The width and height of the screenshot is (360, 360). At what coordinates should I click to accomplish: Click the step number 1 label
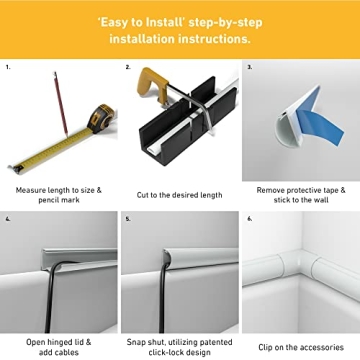(x=7, y=68)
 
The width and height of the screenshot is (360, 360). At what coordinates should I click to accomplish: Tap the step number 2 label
(x=128, y=68)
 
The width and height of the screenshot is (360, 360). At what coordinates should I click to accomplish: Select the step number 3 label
(x=249, y=68)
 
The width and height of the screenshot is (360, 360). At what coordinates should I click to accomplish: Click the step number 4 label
(x=7, y=218)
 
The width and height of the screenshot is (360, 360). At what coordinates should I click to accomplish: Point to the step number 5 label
(x=128, y=218)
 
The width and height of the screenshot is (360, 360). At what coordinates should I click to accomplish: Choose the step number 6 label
(x=249, y=218)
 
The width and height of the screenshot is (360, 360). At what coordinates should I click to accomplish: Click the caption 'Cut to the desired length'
(x=180, y=195)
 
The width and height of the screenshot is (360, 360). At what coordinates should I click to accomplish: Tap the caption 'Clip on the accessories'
(x=300, y=319)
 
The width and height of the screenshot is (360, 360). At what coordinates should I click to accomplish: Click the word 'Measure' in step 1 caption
(x=33, y=189)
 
